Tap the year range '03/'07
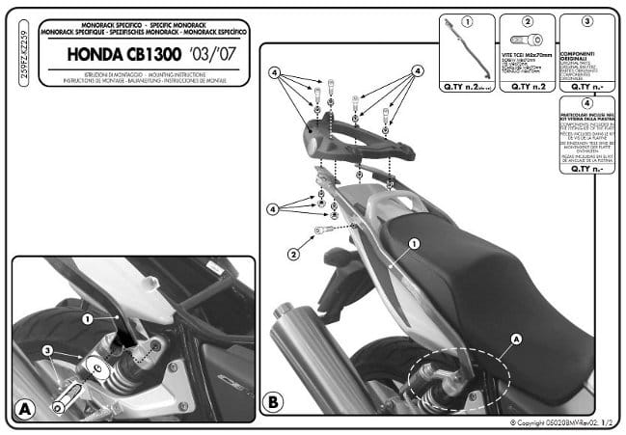pos(213,55)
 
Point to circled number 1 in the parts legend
pos(468,20)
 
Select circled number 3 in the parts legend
pos(586,20)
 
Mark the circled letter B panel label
pos(273,399)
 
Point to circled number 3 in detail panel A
pos(46,349)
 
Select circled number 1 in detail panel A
pos(86,317)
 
